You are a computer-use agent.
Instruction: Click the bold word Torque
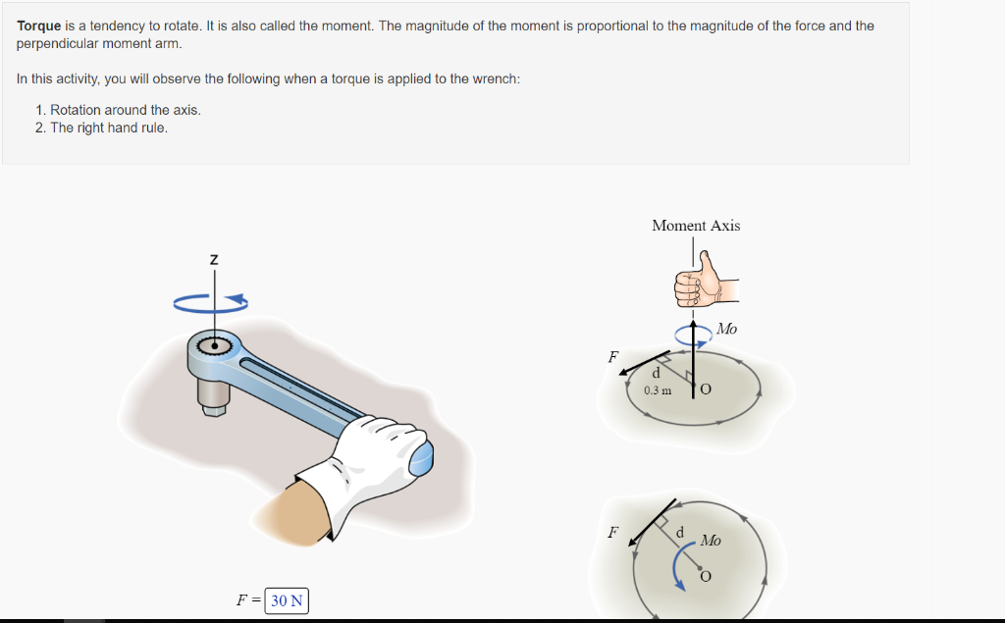tap(39, 26)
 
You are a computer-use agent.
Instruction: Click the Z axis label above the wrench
tap(214, 260)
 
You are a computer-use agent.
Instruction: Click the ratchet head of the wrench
tap(213, 346)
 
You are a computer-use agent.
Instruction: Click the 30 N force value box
tap(287, 600)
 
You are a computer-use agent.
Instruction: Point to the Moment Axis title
tap(696, 226)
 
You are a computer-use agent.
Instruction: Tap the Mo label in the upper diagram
tap(727, 330)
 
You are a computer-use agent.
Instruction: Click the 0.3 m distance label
tap(658, 390)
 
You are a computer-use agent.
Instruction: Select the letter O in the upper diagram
tap(706, 389)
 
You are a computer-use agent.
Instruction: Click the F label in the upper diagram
tap(613, 358)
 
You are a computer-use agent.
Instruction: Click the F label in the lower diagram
tap(613, 533)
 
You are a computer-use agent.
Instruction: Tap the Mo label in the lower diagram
tap(711, 541)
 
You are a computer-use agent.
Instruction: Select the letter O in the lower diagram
tap(705, 577)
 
